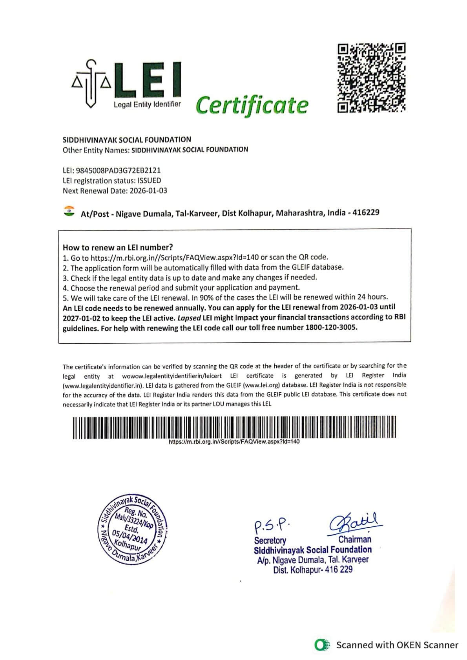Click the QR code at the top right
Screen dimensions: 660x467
coord(371,78)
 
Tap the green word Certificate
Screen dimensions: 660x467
coord(252,105)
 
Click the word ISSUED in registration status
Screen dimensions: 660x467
coord(150,181)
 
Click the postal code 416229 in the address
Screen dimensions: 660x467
coord(366,212)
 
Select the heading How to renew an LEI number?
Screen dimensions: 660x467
coord(118,247)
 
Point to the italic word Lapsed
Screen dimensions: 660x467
coord(189,317)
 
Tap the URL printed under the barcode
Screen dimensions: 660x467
coord(234,442)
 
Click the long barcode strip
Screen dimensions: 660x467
coord(234,427)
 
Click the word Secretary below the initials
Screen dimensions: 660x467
coord(270,541)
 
